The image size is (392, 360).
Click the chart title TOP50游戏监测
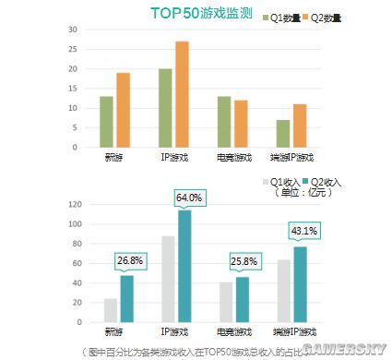[202, 13]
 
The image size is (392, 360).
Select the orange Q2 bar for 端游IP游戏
[299, 126]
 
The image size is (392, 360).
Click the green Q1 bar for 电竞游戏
[224, 121]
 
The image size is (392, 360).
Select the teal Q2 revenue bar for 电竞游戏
[244, 299]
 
